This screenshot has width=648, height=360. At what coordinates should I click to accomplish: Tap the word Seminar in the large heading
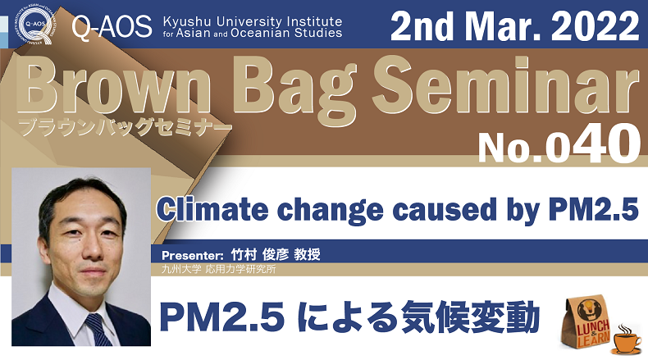pyautogui.click(x=505, y=87)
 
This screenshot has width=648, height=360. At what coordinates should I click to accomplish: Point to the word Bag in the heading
pyautogui.click(x=297, y=92)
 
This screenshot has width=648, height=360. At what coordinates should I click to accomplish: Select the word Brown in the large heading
pyautogui.click(x=115, y=88)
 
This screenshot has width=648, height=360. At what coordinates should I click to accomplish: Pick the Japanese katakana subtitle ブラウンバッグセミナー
pyautogui.click(x=125, y=126)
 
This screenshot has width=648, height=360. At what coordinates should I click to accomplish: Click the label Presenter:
pyautogui.click(x=193, y=255)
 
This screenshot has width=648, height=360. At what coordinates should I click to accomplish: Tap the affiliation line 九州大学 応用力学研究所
pyautogui.click(x=219, y=270)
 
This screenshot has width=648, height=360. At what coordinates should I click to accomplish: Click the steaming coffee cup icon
pyautogui.click(x=627, y=339)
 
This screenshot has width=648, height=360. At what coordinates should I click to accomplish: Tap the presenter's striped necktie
pyautogui.click(x=98, y=330)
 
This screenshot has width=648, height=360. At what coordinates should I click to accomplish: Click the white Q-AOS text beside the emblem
pyautogui.click(x=112, y=27)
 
